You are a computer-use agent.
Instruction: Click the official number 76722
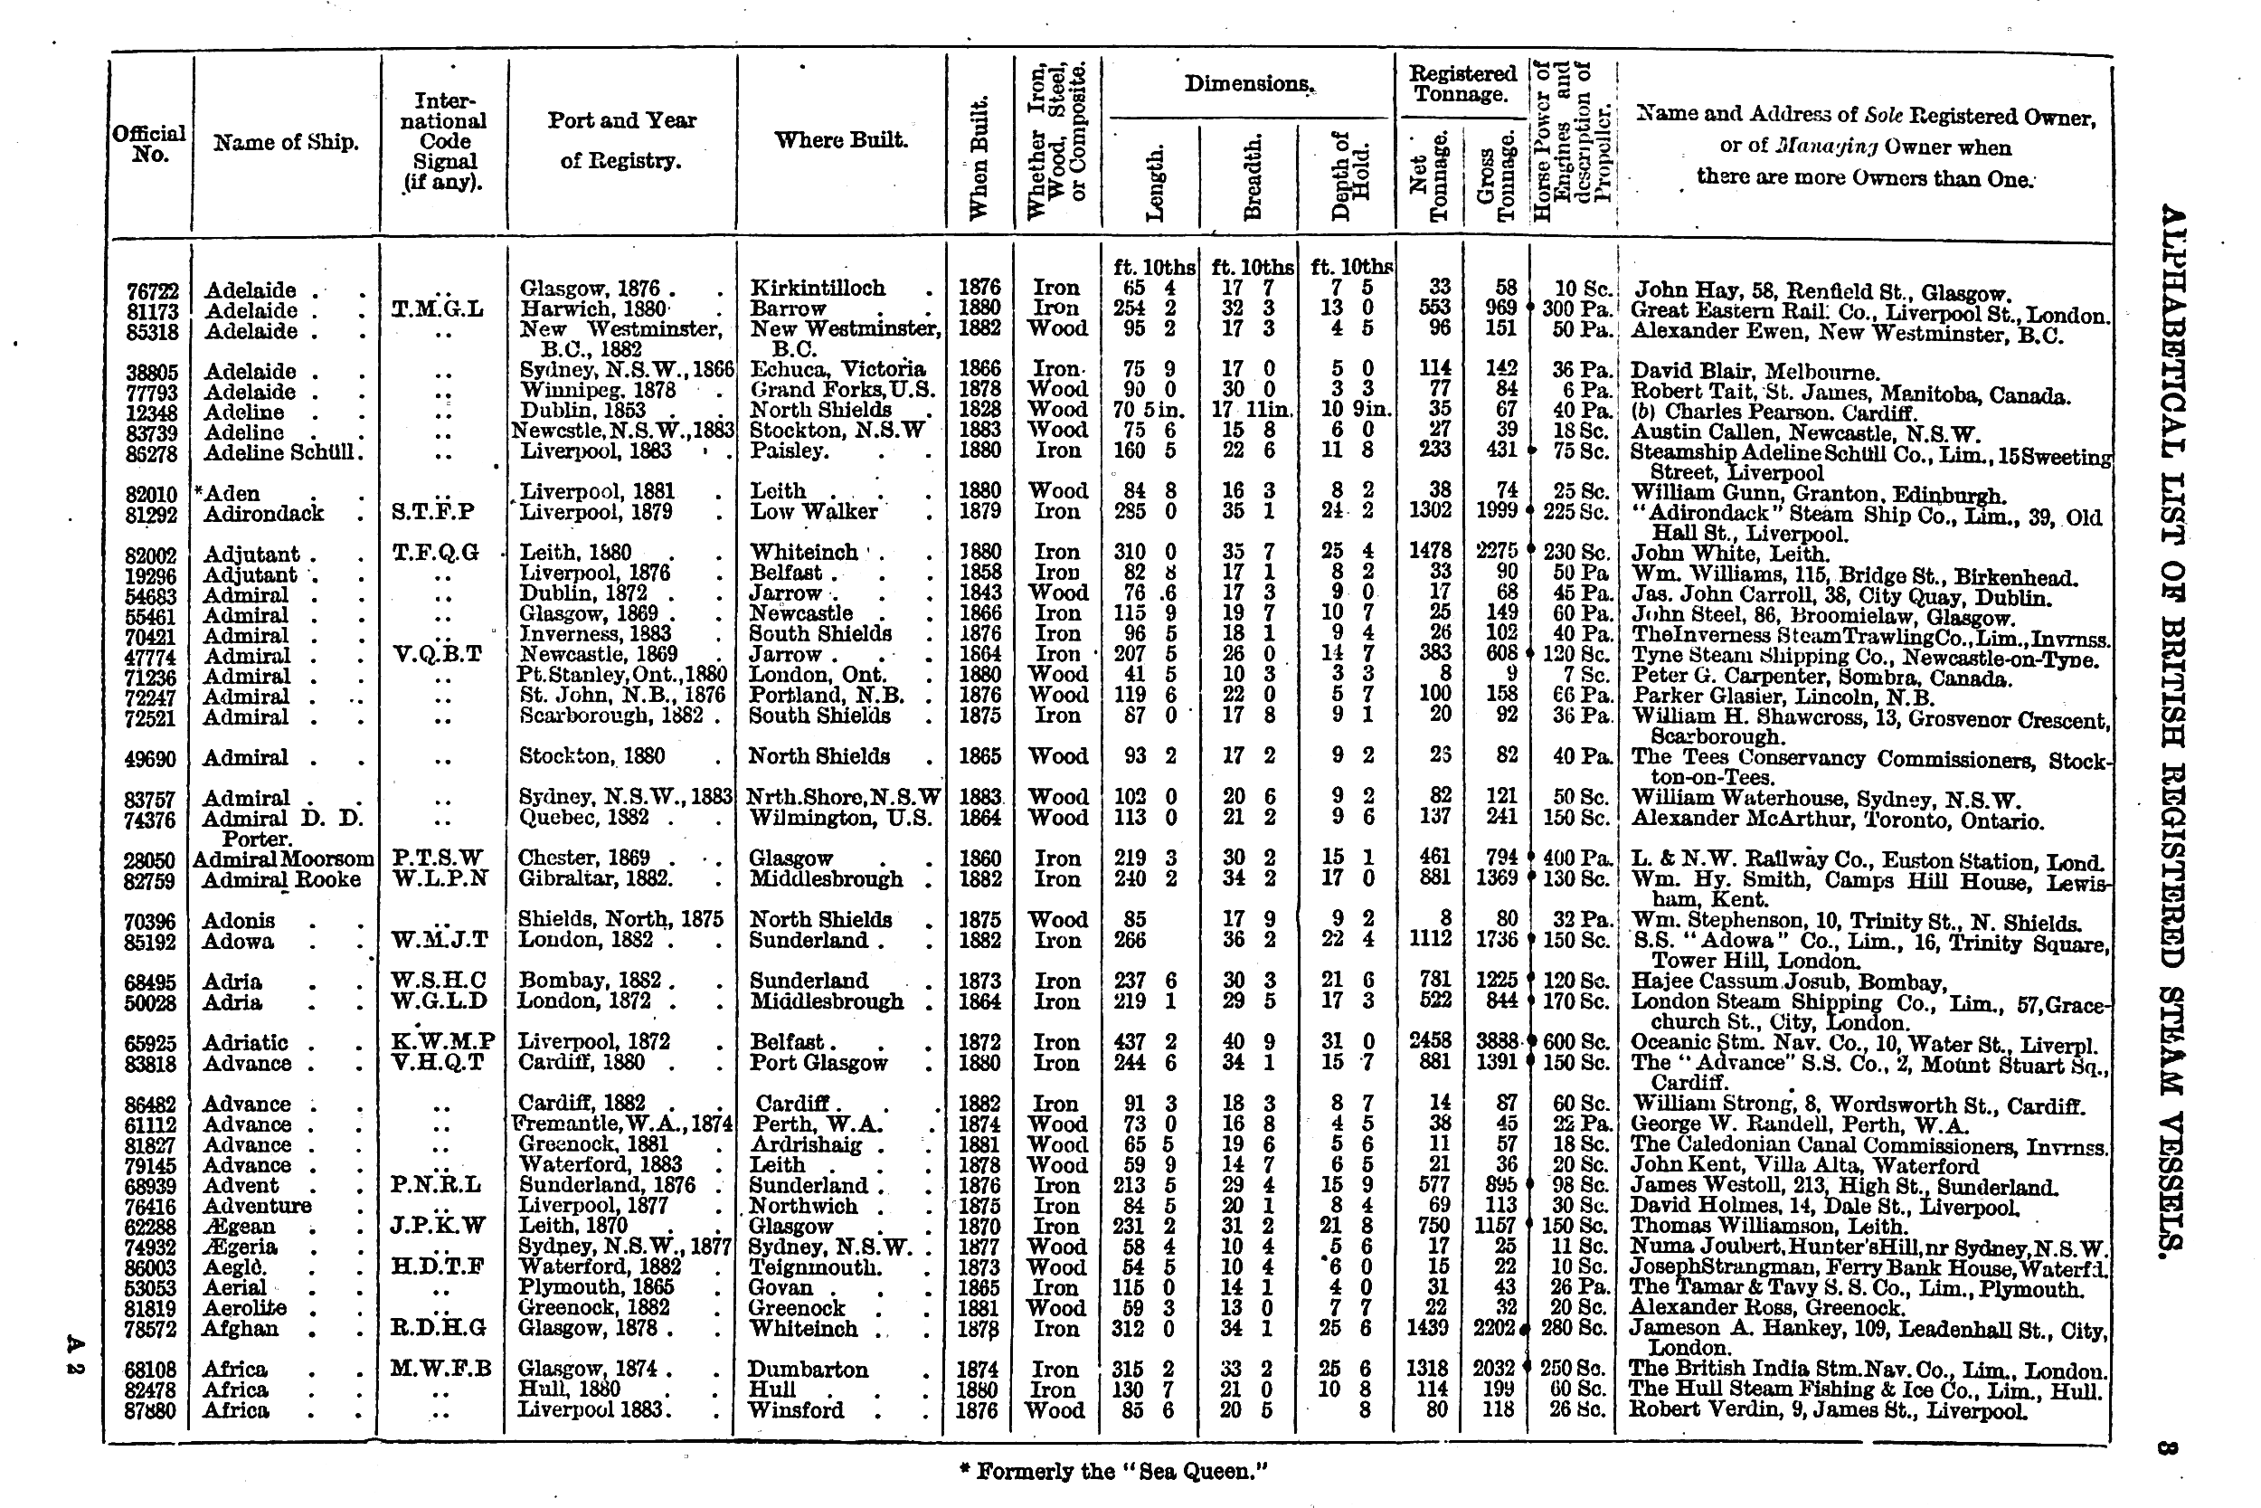pyautogui.click(x=152, y=290)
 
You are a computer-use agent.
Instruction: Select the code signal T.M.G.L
pyautogui.click(x=438, y=309)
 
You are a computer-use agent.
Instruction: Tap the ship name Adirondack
pyautogui.click(x=263, y=514)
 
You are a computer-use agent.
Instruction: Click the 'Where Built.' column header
pyautogui.click(x=840, y=140)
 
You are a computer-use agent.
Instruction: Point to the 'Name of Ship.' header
pyautogui.click(x=286, y=143)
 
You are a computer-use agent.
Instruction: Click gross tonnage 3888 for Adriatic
pyautogui.click(x=1496, y=1042)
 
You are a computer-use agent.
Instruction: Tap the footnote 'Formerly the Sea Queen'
pyautogui.click(x=1114, y=1471)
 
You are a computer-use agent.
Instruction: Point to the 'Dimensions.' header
pyautogui.click(x=1248, y=83)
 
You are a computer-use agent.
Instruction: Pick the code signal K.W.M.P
pyautogui.click(x=442, y=1041)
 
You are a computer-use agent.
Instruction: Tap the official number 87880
pyautogui.click(x=152, y=1411)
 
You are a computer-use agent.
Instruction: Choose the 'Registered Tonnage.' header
pyautogui.click(x=1462, y=83)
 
